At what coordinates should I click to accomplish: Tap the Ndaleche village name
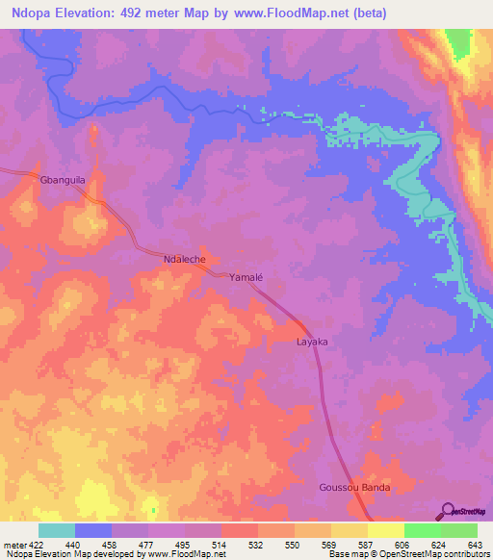pyautogui.click(x=185, y=260)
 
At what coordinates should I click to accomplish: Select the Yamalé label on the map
pyautogui.click(x=246, y=277)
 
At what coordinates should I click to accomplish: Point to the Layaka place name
pyautogui.click(x=312, y=342)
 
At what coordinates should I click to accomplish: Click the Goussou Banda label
pyautogui.click(x=355, y=488)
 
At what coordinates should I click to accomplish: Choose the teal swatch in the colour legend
pyautogui.click(x=57, y=530)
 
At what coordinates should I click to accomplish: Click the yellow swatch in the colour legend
pyautogui.click(x=385, y=530)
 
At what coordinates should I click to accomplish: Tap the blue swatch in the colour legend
pyautogui.click(x=93, y=530)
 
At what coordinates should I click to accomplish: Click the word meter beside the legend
pyautogui.click(x=13, y=544)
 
